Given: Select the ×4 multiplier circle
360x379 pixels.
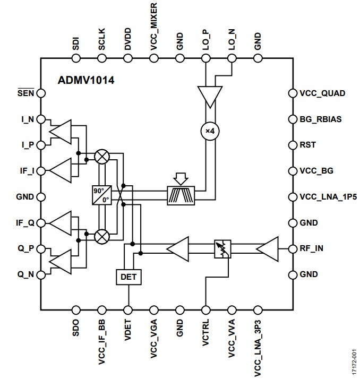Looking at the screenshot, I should coord(210,131).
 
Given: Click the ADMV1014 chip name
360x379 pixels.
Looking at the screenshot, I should coord(86,81).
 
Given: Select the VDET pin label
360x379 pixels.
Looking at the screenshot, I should coord(127,332).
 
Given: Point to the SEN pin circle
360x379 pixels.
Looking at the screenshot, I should coord(41,93).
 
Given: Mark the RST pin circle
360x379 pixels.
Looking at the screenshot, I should coord(292,145).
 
